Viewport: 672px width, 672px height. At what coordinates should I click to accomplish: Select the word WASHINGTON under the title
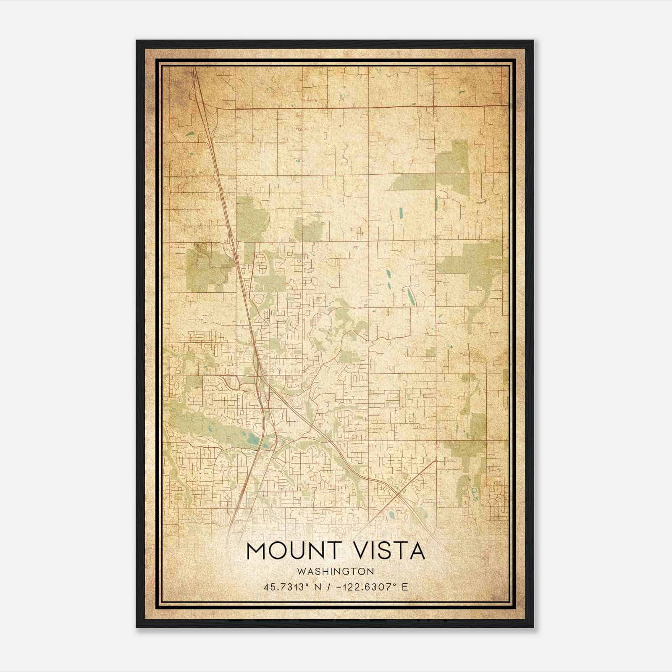335,571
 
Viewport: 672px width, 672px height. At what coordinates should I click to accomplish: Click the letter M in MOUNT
257,551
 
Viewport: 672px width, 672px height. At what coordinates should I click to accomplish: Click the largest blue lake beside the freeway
253,441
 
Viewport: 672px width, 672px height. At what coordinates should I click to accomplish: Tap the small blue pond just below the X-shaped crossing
392,513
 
